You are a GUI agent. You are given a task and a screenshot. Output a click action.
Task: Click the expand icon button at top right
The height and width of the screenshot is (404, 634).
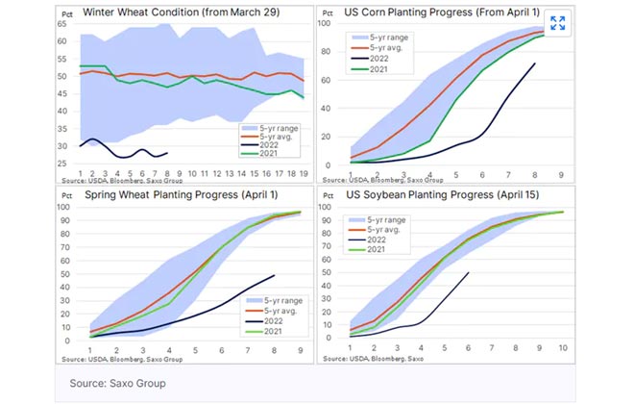click(x=557, y=23)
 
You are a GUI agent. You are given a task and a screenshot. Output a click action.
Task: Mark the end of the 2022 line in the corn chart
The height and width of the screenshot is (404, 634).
click(x=535, y=63)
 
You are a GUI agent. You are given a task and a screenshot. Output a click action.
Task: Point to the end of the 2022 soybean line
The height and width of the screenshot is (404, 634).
click(x=468, y=273)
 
